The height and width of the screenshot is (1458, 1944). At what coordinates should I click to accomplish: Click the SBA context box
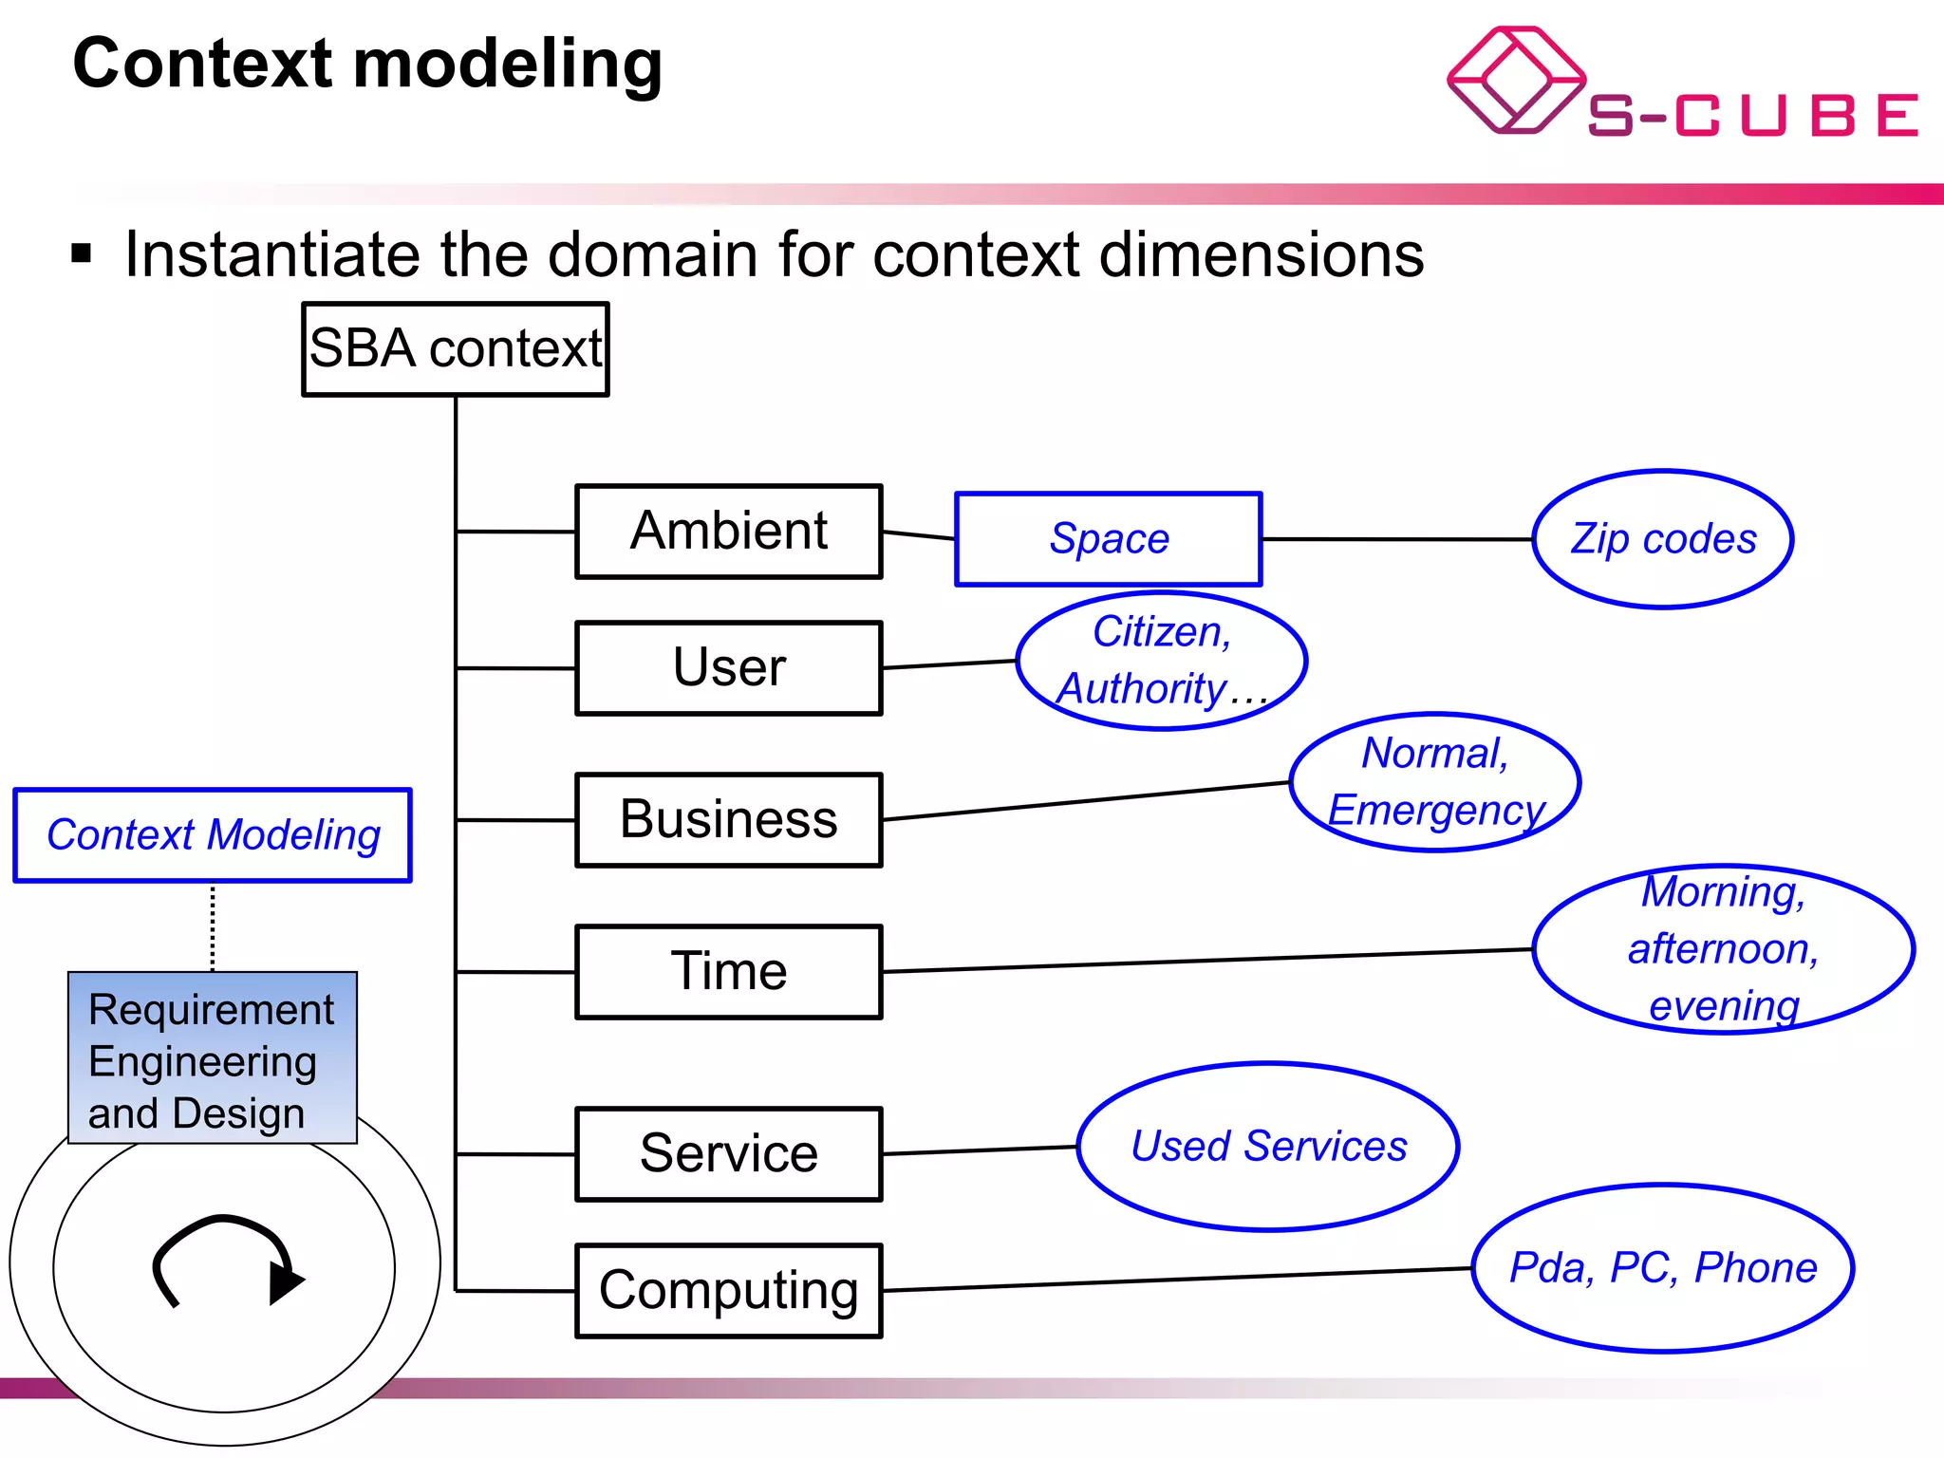[456, 349]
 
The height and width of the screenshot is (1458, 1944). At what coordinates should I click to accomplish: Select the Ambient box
[729, 532]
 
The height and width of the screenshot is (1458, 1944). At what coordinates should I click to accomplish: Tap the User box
[729, 668]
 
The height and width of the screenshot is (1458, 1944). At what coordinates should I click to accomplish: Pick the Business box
[729, 820]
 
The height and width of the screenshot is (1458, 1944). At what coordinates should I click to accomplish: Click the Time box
[729, 972]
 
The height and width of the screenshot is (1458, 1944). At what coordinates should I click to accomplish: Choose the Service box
[729, 1154]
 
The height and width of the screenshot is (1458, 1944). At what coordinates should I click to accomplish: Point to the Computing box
[729, 1291]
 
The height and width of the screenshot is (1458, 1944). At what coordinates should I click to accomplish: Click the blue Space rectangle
[1109, 539]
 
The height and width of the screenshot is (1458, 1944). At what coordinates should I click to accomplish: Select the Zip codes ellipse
[1663, 539]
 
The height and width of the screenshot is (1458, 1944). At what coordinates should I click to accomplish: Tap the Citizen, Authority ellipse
[1162, 661]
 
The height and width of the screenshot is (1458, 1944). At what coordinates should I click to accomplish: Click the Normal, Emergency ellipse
[1435, 782]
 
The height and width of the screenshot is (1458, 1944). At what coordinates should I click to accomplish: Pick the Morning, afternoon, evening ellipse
[1724, 949]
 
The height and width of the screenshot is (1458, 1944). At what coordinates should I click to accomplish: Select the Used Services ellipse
[1268, 1147]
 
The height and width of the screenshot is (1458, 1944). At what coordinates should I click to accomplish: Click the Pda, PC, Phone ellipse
[1663, 1268]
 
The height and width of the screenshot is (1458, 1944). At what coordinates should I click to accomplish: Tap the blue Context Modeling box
[213, 835]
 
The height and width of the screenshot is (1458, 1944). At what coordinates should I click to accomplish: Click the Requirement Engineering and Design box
[213, 1058]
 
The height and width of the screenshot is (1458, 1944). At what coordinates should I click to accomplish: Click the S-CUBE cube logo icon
[1515, 80]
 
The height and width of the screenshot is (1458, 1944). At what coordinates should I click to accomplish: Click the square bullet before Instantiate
[82, 253]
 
